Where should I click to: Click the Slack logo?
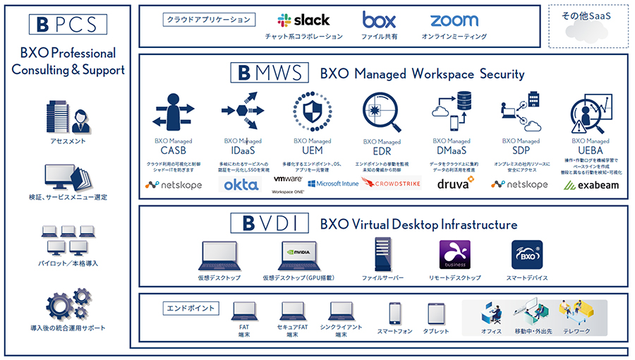(x=303, y=20)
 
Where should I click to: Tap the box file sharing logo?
(x=379, y=20)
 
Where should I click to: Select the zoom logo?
(x=454, y=20)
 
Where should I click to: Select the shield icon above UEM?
(x=308, y=112)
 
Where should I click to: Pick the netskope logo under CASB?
(x=173, y=185)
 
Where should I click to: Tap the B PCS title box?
(x=68, y=24)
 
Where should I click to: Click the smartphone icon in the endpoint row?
(x=395, y=313)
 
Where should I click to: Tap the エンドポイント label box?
(x=191, y=308)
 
